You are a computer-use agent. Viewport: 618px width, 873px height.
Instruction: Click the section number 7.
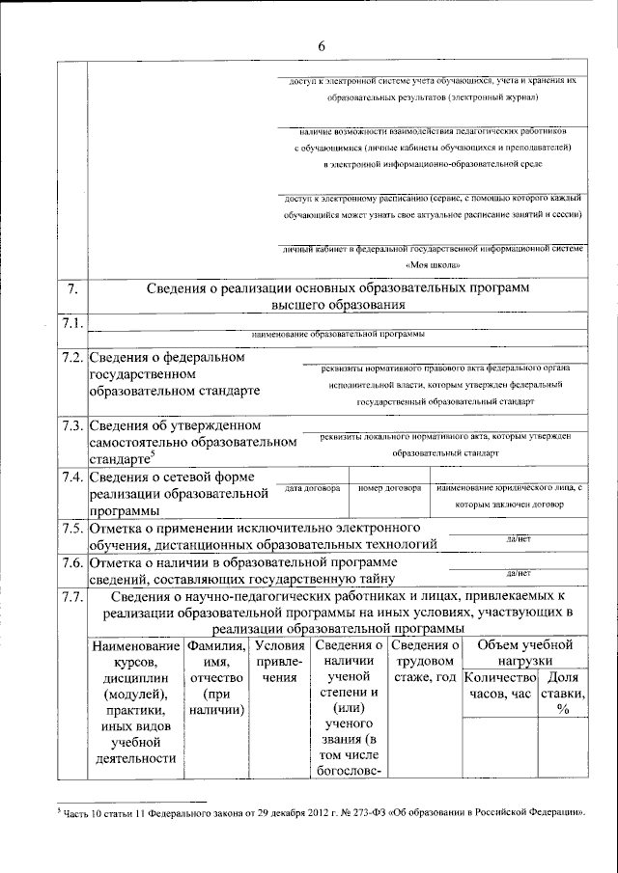(x=70, y=288)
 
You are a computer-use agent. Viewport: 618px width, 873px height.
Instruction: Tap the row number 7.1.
(x=71, y=322)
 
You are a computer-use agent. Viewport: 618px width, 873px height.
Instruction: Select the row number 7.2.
(x=71, y=358)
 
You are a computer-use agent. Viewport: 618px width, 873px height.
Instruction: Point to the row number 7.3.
(x=71, y=425)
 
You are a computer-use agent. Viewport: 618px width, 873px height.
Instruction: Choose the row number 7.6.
(x=71, y=562)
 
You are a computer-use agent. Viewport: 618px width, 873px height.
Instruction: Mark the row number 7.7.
(x=71, y=597)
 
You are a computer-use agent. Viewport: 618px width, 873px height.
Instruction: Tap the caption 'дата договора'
(x=312, y=489)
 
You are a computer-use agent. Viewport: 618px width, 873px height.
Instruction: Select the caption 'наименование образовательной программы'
(x=337, y=334)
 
